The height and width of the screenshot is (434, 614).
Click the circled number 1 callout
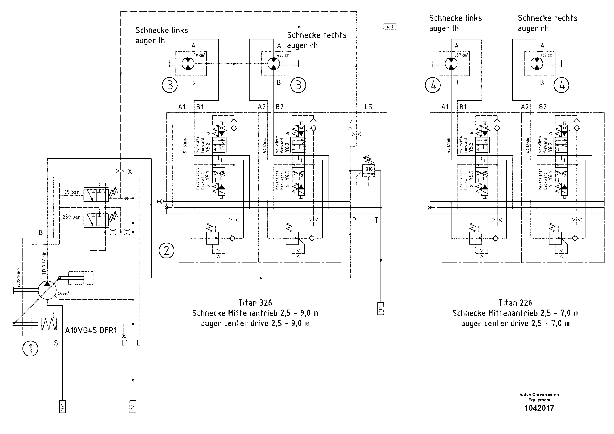click(30, 348)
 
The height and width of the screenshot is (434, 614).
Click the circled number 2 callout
click(166, 251)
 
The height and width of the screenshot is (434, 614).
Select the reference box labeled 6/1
click(390, 27)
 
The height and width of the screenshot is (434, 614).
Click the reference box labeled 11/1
click(381, 309)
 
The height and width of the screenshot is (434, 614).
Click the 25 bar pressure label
click(71, 192)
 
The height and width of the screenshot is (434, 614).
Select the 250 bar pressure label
click(71, 217)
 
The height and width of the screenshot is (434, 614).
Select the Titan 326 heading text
click(255, 303)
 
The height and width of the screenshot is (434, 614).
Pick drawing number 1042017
click(539, 408)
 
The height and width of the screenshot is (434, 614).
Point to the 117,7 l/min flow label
click(44, 263)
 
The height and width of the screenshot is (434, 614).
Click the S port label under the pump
click(56, 343)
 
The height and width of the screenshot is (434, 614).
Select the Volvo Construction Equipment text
click(539, 397)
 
